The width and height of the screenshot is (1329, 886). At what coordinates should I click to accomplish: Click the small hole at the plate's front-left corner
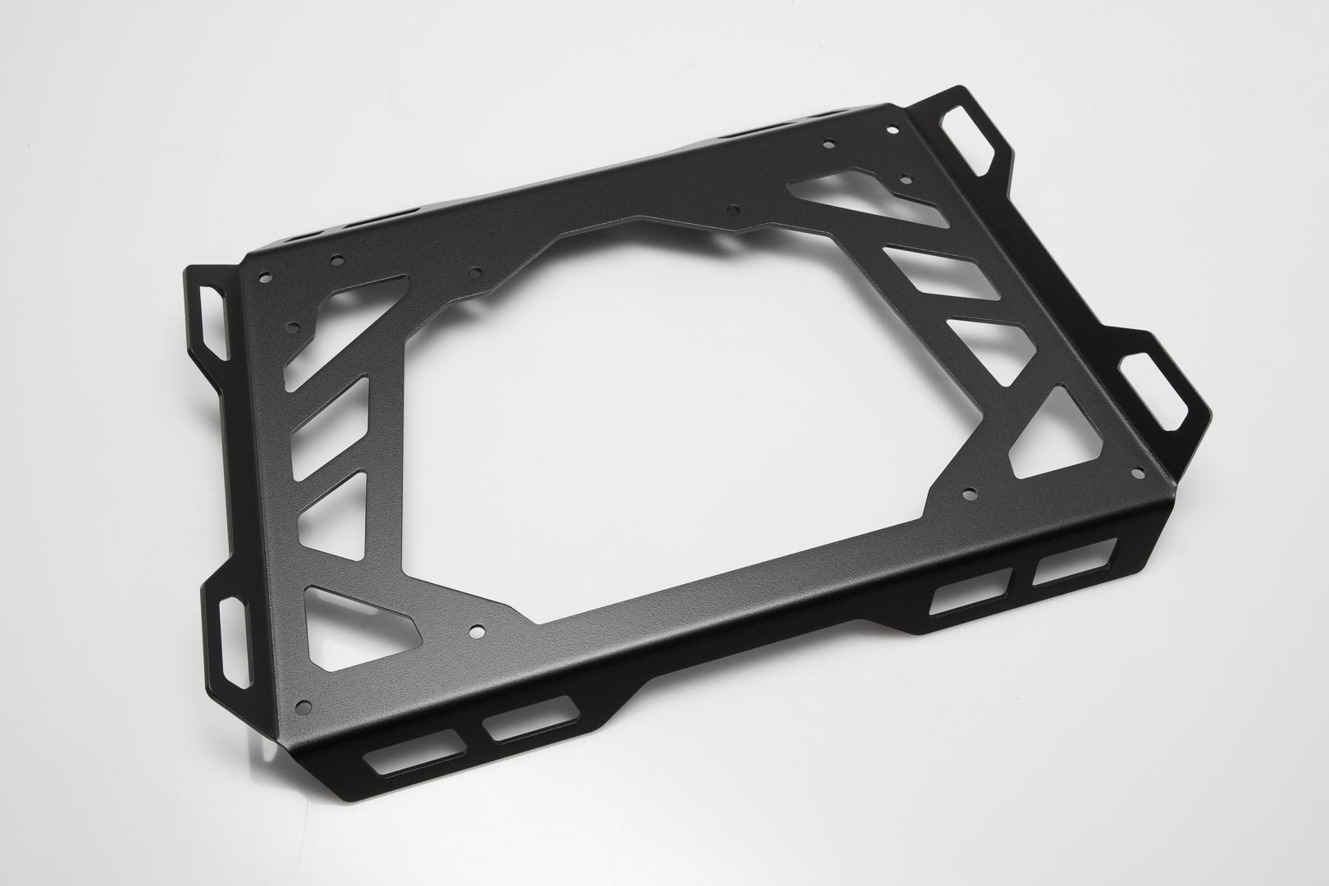coord(308,703)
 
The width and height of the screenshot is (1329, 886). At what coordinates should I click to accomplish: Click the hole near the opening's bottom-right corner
coord(970,495)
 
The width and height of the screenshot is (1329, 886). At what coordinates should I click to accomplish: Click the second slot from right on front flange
coord(972,591)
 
